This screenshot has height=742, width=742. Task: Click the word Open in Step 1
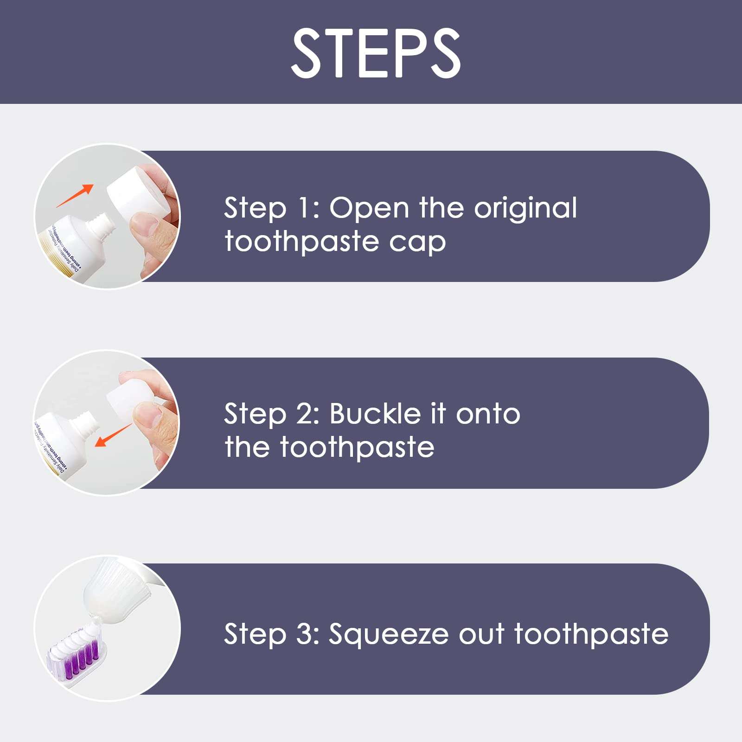click(369, 208)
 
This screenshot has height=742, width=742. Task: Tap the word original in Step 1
click(525, 208)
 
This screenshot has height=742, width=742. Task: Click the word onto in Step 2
click(488, 414)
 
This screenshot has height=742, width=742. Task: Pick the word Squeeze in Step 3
click(388, 634)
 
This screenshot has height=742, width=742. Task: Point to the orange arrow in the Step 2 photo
click(114, 435)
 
